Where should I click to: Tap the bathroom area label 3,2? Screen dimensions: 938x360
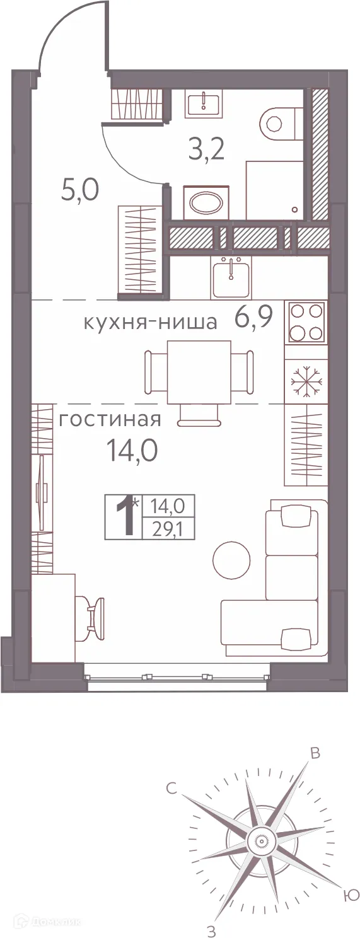click(207, 149)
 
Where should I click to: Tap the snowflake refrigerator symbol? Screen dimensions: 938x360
click(306, 381)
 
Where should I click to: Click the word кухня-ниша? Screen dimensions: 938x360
click(150, 323)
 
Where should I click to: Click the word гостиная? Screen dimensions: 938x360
click(110, 419)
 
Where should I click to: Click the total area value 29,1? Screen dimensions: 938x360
click(172, 528)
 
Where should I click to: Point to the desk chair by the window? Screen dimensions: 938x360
click(92, 615)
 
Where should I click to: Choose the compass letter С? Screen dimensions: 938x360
click(170, 788)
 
